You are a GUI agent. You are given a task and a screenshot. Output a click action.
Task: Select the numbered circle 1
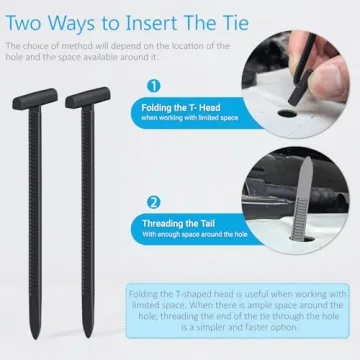click(x=153, y=87)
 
